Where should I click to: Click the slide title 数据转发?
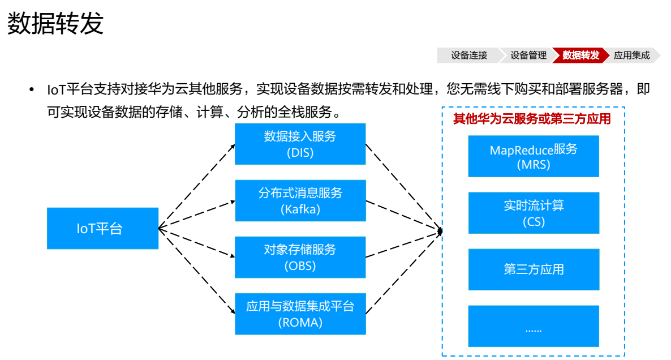click(55, 23)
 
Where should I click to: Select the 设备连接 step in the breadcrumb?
click(469, 55)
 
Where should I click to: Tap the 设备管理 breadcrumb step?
click(528, 55)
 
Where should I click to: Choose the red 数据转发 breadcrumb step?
click(580, 55)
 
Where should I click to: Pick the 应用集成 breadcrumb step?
click(632, 55)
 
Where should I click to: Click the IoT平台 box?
click(103, 228)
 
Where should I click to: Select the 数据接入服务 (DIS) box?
click(300, 144)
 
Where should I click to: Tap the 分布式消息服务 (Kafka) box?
click(300, 200)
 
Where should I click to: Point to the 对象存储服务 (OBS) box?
click(300, 258)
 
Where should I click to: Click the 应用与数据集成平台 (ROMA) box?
click(300, 314)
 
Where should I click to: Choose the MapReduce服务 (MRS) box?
click(534, 156)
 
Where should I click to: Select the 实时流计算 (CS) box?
click(534, 213)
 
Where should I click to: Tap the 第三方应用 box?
click(534, 269)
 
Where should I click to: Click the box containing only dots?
click(534, 326)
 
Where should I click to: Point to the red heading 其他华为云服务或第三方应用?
click(532, 118)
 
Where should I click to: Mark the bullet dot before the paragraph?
click(31, 89)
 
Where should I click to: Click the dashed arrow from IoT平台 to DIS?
click(197, 186)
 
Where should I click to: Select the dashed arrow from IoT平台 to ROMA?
click(197, 271)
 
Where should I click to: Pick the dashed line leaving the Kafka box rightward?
click(404, 216)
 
